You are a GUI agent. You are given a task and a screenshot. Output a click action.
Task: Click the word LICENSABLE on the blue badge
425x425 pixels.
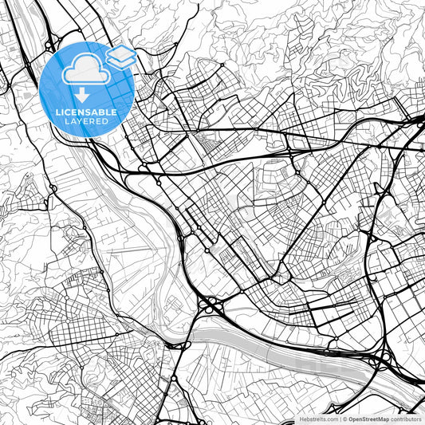pyautogui.click(x=86, y=112)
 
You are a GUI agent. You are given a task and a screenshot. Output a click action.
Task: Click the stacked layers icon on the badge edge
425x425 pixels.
pyautogui.click(x=121, y=56)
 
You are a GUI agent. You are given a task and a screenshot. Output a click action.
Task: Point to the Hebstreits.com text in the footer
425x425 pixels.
pyautogui.click(x=316, y=418)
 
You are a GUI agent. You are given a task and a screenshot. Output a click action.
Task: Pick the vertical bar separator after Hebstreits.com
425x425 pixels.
pyautogui.click(x=339, y=418)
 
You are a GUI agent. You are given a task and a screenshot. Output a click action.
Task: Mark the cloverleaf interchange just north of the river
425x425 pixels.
pyautogui.click(x=211, y=305)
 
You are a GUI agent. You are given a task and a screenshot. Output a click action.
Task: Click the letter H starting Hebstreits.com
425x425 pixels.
pyautogui.click(x=295, y=418)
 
